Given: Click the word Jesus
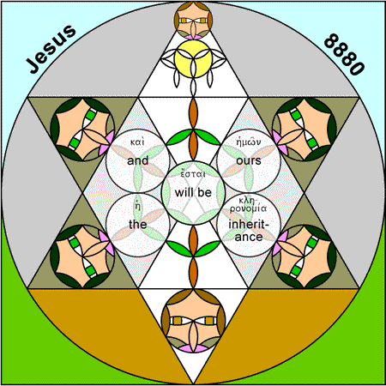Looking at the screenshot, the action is coord(51,49).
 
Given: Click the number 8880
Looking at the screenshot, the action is coord(344,54).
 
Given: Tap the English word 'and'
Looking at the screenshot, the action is coord(138,160).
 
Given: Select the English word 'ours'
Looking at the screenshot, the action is coord(249,160).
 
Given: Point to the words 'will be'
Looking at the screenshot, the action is coord(193,192).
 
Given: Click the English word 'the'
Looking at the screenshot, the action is coord(137,224).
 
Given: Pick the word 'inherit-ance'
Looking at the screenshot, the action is coord(249,231).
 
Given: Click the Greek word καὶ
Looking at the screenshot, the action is coord(137,142).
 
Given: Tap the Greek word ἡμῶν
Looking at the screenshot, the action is coord(249,142).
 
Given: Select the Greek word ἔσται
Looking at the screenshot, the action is coord(193,174).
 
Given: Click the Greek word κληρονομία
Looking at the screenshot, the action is coord(248,205).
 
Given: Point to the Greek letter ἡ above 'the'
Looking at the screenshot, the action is coord(137,206).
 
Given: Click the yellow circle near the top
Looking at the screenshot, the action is coord(193,59).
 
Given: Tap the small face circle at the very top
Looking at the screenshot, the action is coord(193,21).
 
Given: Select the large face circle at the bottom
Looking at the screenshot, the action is coord(193,321).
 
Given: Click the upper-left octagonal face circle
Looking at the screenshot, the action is coord(82,130).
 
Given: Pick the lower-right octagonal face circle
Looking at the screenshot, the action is coord(304,256).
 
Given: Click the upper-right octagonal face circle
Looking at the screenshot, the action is coord(304,130).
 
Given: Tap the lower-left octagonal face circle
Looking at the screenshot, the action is coord(82,256).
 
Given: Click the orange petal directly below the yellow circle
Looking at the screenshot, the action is coord(194,113).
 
